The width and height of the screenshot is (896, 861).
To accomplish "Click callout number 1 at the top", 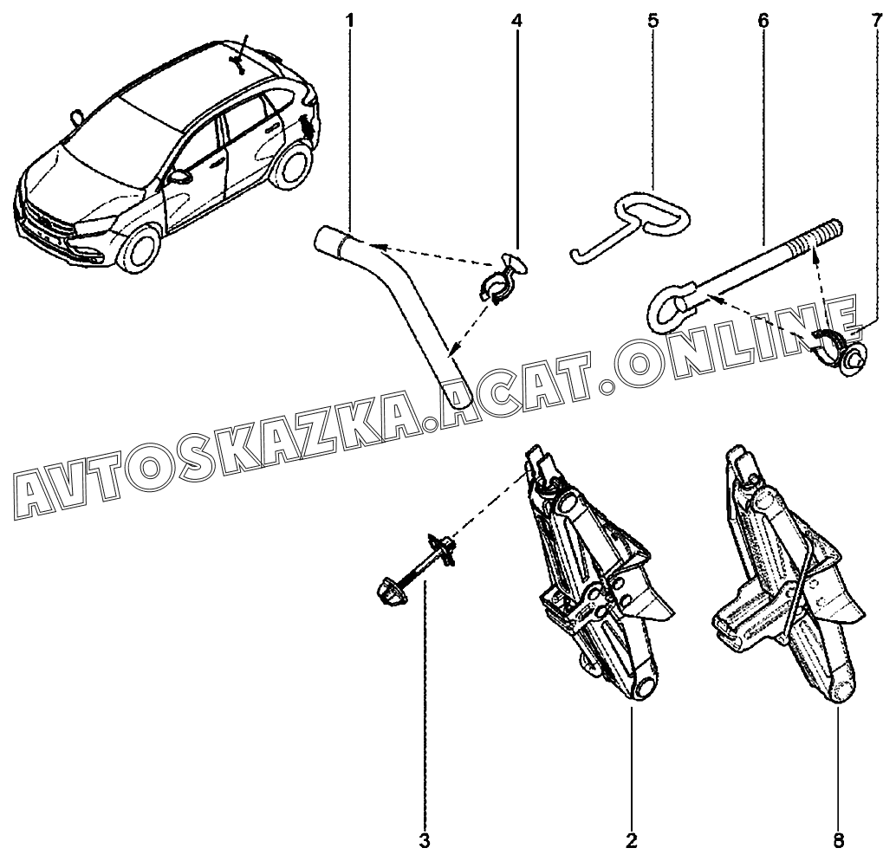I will pyautogui.click(x=350, y=19).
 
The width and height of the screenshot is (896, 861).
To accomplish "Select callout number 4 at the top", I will pyautogui.click(x=517, y=19).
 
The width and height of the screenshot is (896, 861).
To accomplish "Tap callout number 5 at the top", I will pyautogui.click(x=651, y=19).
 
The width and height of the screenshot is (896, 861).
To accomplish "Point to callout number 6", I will pyautogui.click(x=763, y=19).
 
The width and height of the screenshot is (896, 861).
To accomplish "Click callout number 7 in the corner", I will pyautogui.click(x=880, y=19).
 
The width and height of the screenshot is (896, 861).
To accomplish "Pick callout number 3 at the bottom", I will pyautogui.click(x=425, y=840).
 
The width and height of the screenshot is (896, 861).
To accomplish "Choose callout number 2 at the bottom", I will pyautogui.click(x=632, y=840).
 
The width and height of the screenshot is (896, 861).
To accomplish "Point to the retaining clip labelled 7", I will pyautogui.click(x=837, y=346).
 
